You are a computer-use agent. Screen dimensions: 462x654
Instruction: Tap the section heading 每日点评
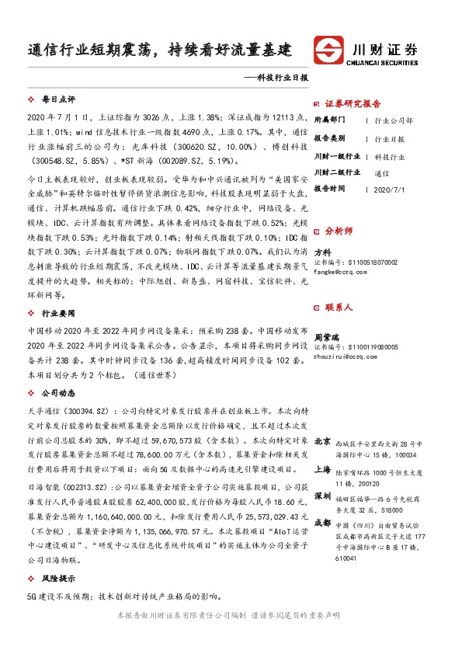(57, 100)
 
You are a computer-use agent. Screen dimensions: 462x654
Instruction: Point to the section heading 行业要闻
(57, 313)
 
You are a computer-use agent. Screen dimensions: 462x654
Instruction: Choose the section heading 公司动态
(57, 393)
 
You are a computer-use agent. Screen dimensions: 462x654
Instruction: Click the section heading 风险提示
(57, 577)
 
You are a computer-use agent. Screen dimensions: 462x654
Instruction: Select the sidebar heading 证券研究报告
(353, 104)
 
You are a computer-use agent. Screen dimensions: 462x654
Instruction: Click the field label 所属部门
(332, 121)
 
